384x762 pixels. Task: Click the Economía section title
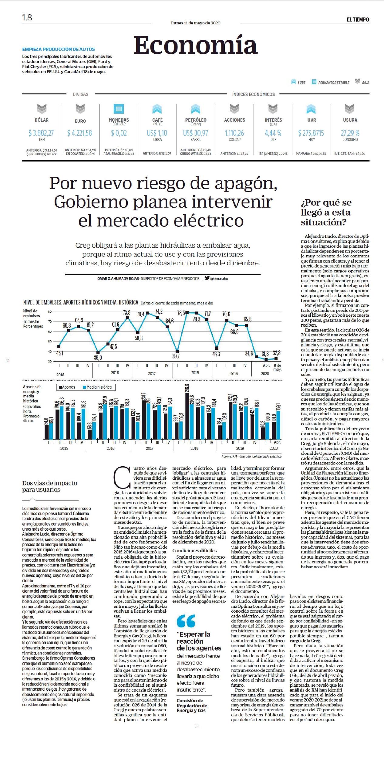[196, 45]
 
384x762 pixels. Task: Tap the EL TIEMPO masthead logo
[358, 19]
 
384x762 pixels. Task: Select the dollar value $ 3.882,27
[41, 133]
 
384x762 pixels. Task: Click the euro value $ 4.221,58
[79, 133]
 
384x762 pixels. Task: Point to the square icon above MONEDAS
[119, 109]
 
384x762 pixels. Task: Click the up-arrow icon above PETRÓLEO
[196, 109]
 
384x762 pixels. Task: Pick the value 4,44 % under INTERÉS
[273, 133]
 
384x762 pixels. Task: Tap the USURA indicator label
[350, 120]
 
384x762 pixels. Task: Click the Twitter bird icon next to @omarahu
[207, 277]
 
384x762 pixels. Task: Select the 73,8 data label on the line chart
[126, 312]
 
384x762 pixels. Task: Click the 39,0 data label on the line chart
[98, 358]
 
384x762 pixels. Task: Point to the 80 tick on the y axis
[50, 311]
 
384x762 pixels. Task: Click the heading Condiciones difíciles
[194, 550]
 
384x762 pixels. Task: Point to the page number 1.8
[27, 18]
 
